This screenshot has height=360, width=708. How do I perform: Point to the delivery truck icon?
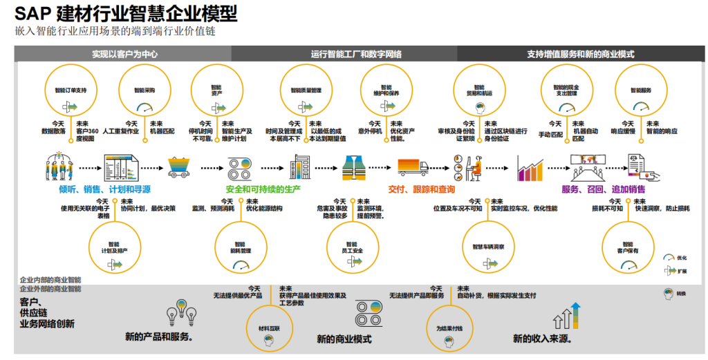click(x=413, y=167)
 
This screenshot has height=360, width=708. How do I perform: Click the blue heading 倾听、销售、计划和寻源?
click(x=104, y=189)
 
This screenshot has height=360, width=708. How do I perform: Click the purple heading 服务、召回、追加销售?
click(x=604, y=189)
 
